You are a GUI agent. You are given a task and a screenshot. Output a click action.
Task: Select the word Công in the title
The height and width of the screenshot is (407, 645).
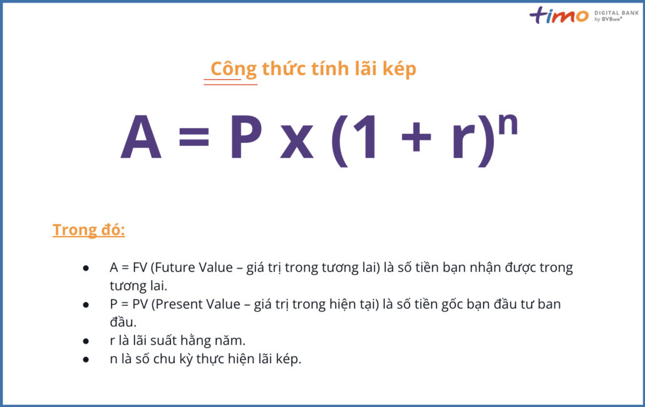(x=233, y=69)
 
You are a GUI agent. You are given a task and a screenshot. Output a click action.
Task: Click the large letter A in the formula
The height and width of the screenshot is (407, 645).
(x=142, y=138)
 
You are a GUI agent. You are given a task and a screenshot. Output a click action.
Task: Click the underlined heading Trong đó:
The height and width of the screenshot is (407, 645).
(x=89, y=230)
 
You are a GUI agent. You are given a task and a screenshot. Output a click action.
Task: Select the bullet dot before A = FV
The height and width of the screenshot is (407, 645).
(x=86, y=268)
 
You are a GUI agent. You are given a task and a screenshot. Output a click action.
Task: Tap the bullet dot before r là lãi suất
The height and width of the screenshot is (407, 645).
(x=86, y=342)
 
